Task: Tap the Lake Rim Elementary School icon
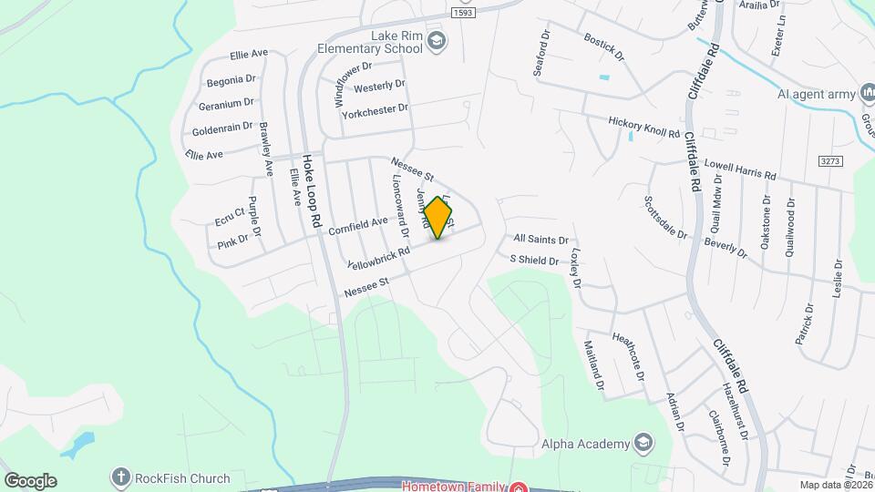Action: coord(437,38)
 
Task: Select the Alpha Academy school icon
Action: coord(644,444)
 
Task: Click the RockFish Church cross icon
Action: coord(120,477)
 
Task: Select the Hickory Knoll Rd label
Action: coord(644,126)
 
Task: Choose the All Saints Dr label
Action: coord(541,239)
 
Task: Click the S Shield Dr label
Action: coord(534,260)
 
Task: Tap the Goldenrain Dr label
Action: coord(221,128)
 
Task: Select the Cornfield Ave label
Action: coord(358,225)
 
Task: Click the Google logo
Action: coord(30,481)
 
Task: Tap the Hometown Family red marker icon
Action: coord(518,486)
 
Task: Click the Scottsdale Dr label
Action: coord(664,216)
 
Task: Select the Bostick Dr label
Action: coord(604,48)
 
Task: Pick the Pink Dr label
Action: coord(232,242)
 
